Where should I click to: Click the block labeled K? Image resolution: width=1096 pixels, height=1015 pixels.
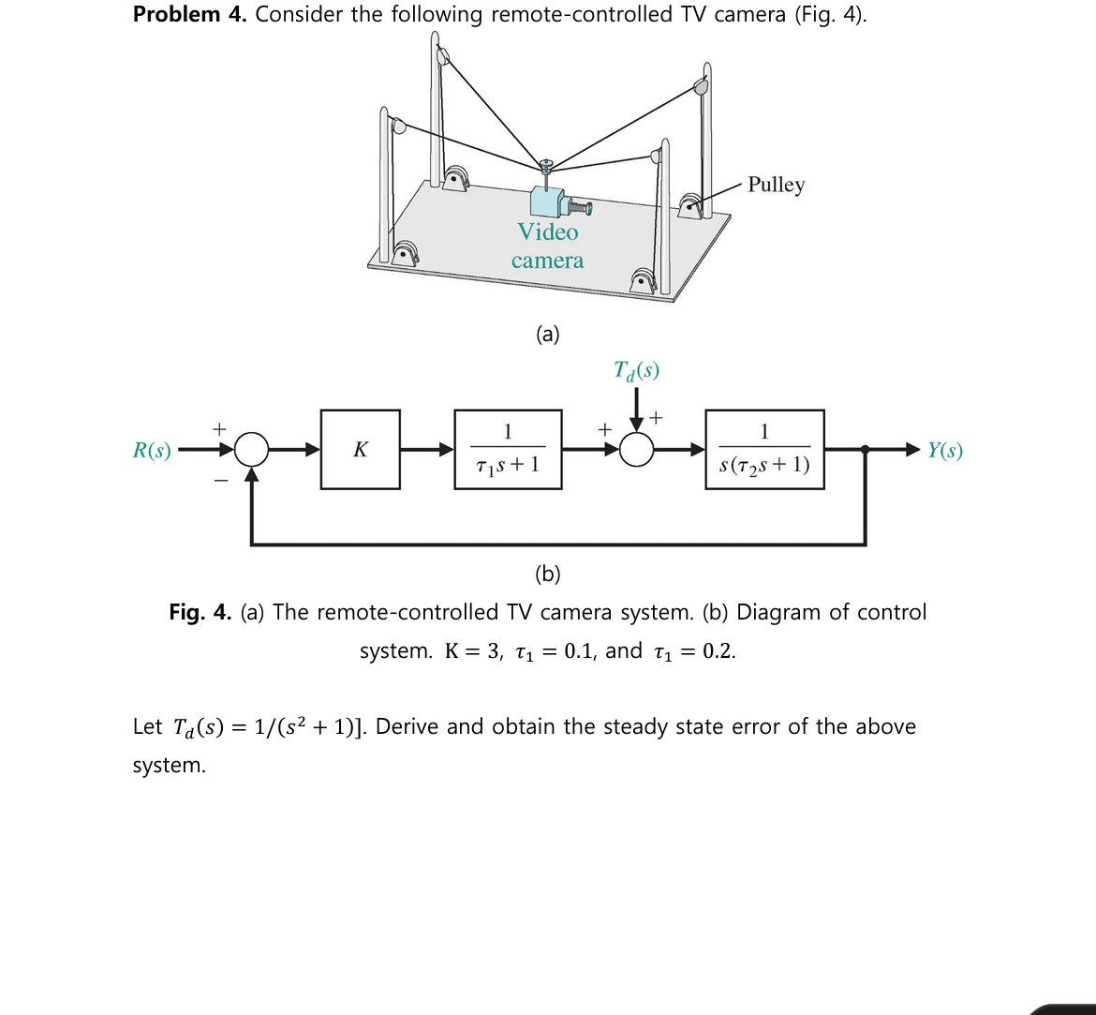360,450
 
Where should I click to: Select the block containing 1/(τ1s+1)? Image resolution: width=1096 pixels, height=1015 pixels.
508,450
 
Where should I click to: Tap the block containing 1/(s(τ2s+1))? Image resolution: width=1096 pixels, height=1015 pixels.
764,450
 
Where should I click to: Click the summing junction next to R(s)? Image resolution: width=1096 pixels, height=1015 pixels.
251,450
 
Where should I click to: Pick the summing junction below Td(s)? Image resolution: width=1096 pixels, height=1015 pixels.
637,450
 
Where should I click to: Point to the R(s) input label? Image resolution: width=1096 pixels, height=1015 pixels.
152,451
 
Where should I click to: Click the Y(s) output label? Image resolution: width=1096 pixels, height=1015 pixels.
944,451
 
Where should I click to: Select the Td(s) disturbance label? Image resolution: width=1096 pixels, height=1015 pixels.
636,371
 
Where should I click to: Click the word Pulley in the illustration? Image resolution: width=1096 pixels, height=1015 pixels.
776,185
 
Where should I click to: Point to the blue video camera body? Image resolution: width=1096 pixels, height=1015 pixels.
546,201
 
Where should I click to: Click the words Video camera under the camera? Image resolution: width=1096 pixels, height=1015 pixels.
547,246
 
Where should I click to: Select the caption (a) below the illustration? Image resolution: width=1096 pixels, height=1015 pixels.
547,334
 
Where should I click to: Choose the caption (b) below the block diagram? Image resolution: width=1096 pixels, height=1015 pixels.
547,573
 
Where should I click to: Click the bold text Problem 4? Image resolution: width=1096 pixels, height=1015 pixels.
189,15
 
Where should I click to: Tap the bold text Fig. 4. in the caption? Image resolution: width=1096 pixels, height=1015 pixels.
200,613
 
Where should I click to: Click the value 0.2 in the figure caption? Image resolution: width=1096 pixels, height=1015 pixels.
718,652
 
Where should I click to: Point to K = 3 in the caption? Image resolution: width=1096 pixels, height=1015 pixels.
473,652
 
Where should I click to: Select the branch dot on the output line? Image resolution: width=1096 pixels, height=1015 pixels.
865,450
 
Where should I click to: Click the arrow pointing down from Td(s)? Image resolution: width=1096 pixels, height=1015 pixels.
637,410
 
